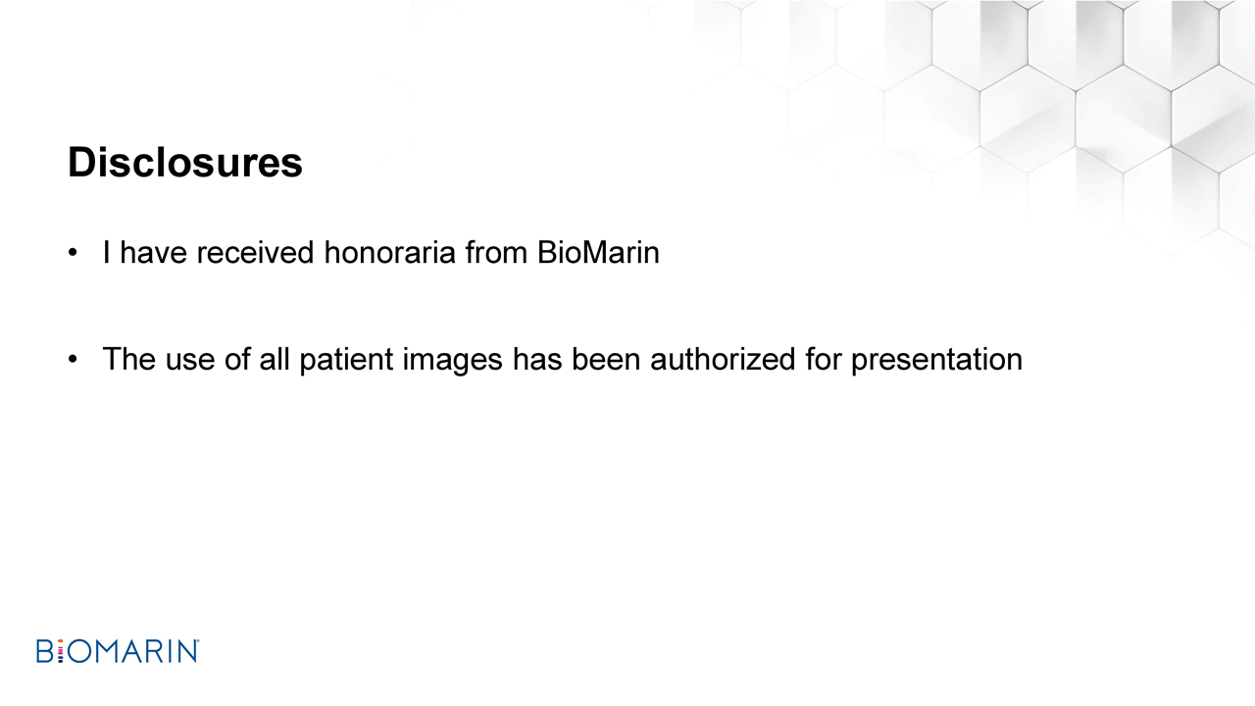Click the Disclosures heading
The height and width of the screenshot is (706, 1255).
pos(185,163)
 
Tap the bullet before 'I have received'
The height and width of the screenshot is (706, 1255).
pos(73,253)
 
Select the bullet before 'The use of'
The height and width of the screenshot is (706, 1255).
pos(73,359)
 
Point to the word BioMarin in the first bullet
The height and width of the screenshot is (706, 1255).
pos(598,252)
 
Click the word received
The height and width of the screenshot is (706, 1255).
pos(255,252)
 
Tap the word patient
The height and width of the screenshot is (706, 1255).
pos(346,360)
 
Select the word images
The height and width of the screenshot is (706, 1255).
pos(453,360)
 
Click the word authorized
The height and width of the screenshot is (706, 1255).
pos(723,360)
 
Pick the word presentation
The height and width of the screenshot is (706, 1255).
pos(936,360)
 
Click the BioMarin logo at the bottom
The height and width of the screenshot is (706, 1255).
pos(118,651)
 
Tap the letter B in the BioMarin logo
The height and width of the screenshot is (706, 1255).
pos(45,651)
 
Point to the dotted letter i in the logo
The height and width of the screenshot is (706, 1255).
pos(61,651)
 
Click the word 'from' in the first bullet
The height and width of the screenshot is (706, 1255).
pos(496,252)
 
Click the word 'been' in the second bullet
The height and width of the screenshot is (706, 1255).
pos(606,359)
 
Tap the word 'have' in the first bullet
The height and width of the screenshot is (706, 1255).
pos(153,252)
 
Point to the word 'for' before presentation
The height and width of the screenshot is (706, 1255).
pos(823,359)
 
